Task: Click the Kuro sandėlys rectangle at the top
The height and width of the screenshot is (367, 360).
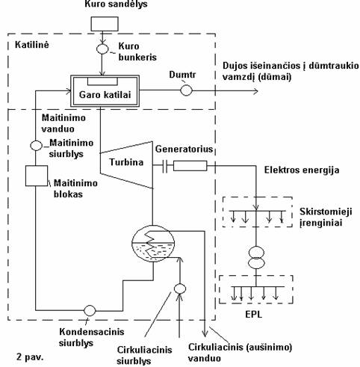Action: point(105,24)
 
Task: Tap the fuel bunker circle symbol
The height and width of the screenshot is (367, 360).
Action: point(102,49)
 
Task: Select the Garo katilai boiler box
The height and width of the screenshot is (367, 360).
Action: point(105,91)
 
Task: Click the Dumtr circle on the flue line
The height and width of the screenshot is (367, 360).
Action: point(186,90)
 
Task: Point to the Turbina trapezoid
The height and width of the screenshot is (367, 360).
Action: point(126,164)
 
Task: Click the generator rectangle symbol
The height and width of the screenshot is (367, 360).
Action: point(190,166)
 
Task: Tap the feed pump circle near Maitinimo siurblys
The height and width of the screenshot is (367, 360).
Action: point(36,146)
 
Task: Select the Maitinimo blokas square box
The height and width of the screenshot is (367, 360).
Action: point(37,176)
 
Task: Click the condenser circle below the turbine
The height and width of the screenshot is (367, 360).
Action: point(153,244)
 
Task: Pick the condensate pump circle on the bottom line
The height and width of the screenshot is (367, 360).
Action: point(90,310)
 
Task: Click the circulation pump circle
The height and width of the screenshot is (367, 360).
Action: point(180,289)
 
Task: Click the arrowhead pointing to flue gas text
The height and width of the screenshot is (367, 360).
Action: point(255,91)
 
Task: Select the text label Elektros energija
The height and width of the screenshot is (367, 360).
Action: point(302,170)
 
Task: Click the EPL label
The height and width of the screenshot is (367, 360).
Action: point(254,314)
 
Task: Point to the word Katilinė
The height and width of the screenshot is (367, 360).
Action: point(32,45)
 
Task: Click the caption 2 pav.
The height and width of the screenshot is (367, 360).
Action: point(30,357)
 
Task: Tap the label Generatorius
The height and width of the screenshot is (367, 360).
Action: point(184,149)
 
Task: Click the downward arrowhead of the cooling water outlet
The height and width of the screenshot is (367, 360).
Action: point(205,333)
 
